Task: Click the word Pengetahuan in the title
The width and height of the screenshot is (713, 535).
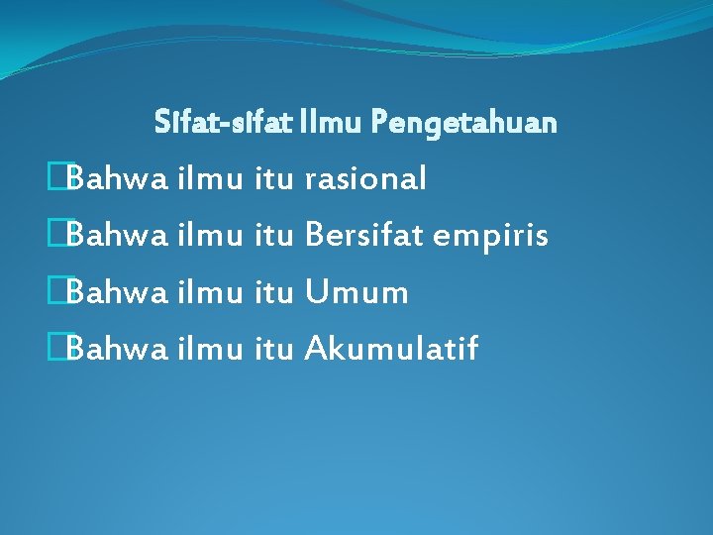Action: (x=464, y=124)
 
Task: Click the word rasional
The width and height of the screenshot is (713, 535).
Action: (x=365, y=179)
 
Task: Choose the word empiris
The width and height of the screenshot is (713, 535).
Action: (x=491, y=238)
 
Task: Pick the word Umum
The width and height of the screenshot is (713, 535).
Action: (x=356, y=292)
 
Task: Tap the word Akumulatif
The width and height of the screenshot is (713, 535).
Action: (x=391, y=349)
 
